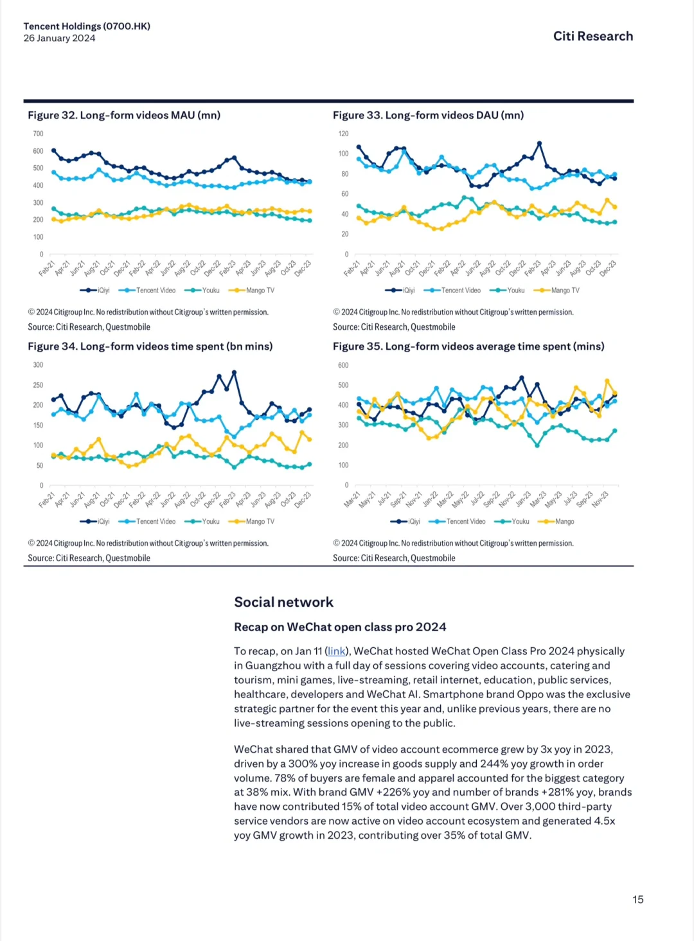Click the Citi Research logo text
(x=592, y=37)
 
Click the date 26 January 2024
(x=59, y=39)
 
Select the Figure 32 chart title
(x=124, y=116)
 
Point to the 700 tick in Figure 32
(x=38, y=134)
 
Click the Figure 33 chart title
(x=428, y=116)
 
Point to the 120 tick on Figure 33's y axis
(x=343, y=134)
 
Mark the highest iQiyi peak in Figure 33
(x=539, y=143)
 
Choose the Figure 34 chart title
(x=150, y=346)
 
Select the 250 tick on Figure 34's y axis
(x=38, y=385)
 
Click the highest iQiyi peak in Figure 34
(x=234, y=372)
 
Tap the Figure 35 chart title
(x=468, y=346)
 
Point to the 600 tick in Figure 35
(x=343, y=365)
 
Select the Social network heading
(x=283, y=602)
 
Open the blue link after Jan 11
(x=337, y=651)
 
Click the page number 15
(x=637, y=899)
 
